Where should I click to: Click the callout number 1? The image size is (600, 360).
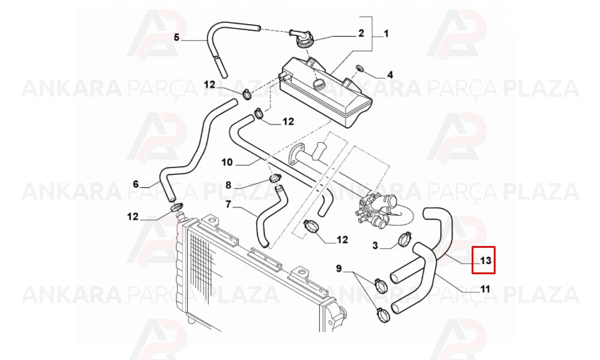(386, 34)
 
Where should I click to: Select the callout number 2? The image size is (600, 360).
(361, 33)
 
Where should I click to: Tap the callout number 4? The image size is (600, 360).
(390, 74)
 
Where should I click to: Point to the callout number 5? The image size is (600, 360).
(176, 37)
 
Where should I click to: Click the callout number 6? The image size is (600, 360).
(136, 184)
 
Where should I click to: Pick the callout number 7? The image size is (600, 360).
(229, 205)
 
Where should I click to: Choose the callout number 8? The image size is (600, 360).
(229, 185)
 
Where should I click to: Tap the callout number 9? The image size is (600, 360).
(338, 269)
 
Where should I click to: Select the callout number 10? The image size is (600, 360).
(227, 162)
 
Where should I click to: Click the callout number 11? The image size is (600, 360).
(485, 289)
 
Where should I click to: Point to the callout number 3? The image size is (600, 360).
(375, 245)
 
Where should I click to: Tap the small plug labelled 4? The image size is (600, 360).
(359, 68)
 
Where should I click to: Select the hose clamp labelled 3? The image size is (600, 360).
(405, 239)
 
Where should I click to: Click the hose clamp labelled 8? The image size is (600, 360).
(275, 178)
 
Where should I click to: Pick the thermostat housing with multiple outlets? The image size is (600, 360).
(374, 209)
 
